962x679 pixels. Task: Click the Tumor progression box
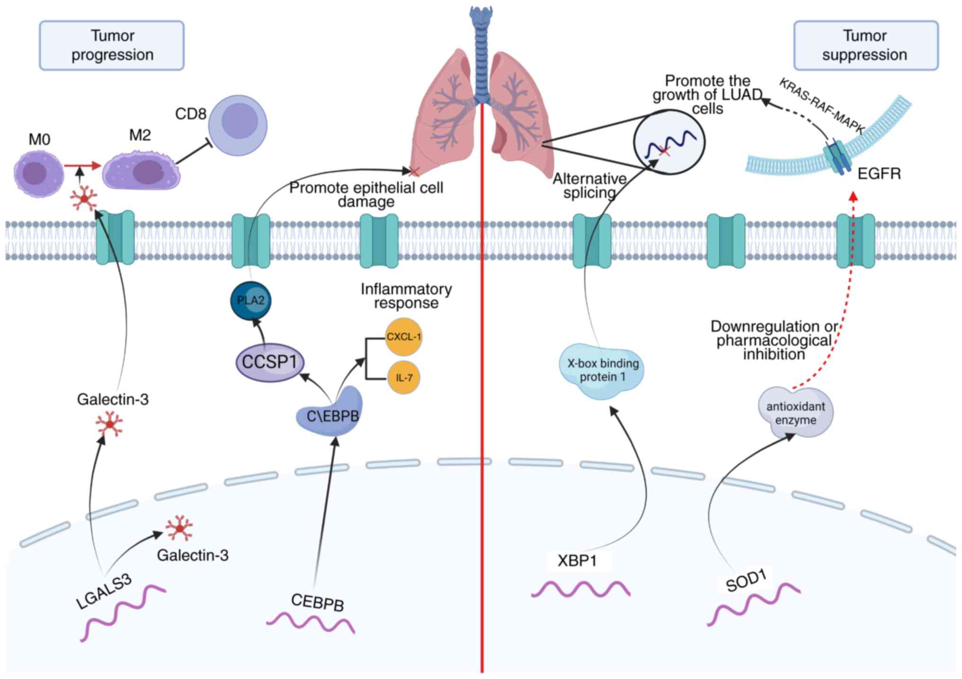(112, 45)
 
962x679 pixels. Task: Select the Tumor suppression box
(865, 45)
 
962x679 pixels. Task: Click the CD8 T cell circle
(238, 125)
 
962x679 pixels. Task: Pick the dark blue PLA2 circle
(251, 301)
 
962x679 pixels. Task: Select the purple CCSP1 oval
(269, 362)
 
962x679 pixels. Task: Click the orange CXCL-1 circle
(403, 337)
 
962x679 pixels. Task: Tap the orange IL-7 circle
(403, 377)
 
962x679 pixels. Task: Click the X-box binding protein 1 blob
(602, 371)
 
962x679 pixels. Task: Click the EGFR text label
(879, 174)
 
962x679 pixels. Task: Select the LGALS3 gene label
(104, 592)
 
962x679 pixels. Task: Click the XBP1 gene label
(577, 561)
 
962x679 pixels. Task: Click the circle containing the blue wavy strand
(669, 142)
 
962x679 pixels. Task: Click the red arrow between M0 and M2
(83, 166)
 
